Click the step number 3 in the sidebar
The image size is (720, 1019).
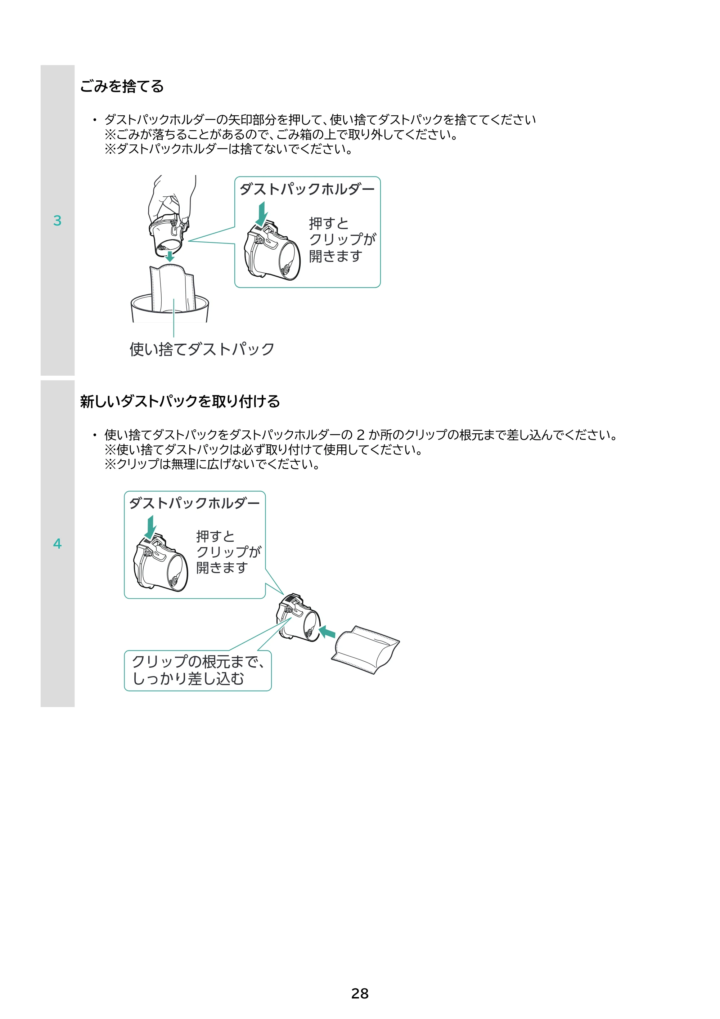57,220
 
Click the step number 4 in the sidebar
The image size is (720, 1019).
57,544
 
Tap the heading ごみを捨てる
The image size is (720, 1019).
122,86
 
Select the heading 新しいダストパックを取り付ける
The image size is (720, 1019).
180,401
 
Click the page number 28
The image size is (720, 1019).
360,993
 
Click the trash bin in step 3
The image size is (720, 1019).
170,308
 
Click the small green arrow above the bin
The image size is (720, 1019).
170,256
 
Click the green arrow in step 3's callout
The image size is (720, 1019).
262,214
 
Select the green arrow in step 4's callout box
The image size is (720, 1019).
150,527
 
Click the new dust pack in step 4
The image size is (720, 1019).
365,650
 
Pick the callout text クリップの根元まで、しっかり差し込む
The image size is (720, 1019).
198,670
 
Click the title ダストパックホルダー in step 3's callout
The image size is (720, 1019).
307,189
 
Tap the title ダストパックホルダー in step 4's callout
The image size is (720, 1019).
194,503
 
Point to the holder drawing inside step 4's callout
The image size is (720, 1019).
161,563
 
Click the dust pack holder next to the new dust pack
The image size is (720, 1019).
298,617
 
